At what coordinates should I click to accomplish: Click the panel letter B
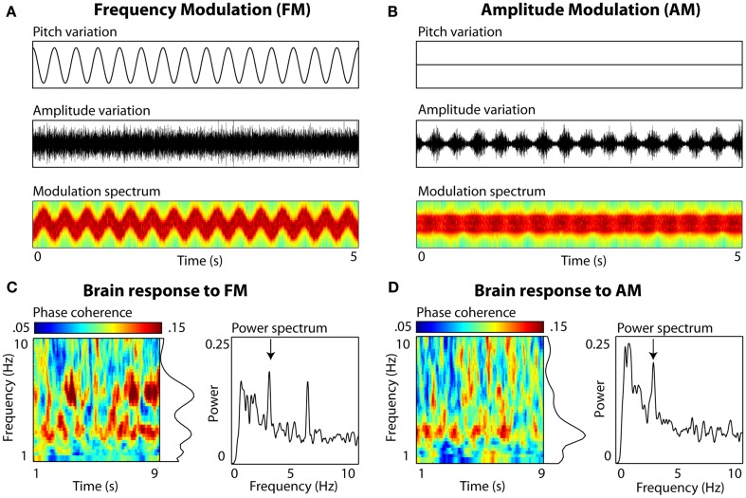pos(394,10)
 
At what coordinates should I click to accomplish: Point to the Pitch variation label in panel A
pos(72,32)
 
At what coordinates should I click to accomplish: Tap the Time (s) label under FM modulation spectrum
pos(196,258)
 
